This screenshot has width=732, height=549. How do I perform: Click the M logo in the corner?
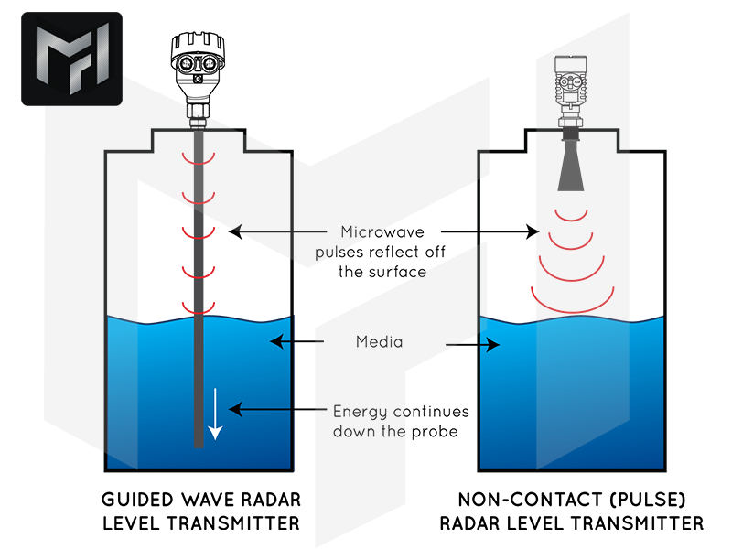71,59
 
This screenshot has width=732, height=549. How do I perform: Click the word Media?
380,342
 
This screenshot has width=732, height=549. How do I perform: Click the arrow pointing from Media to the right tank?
472,345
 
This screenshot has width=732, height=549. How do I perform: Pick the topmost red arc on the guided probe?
198,159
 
